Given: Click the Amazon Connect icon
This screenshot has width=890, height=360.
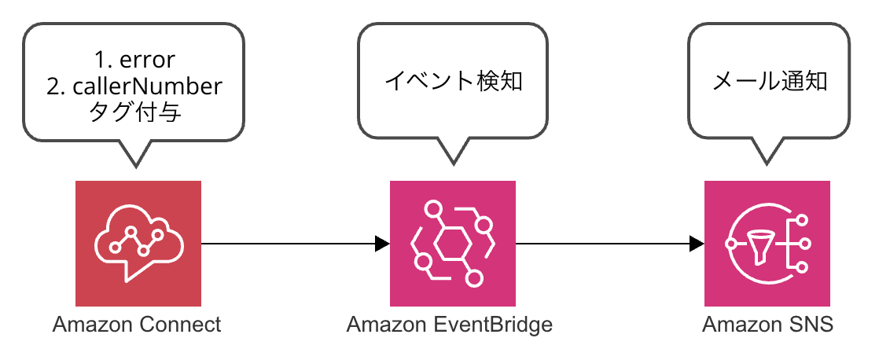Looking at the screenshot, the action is (x=138, y=243).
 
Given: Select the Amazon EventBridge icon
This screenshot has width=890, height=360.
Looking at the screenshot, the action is (x=452, y=243).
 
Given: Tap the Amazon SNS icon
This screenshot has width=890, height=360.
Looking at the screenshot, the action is (x=767, y=243).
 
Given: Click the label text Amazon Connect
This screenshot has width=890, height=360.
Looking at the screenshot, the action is (x=136, y=325).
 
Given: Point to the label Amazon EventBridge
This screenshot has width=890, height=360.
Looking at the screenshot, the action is (x=450, y=325).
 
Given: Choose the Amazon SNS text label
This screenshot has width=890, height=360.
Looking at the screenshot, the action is (x=767, y=325).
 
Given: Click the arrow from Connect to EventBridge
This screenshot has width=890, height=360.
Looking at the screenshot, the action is (x=295, y=244).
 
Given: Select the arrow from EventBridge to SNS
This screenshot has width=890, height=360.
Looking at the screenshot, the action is (x=610, y=244).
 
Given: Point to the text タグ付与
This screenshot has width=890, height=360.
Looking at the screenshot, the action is (x=135, y=113).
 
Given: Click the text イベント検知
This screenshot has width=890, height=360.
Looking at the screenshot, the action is (x=454, y=83).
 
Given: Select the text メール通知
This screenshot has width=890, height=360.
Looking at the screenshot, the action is (x=769, y=83).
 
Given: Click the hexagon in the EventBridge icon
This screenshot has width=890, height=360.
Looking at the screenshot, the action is (x=452, y=244).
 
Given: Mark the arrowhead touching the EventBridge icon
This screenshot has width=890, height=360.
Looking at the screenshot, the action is (x=383, y=244).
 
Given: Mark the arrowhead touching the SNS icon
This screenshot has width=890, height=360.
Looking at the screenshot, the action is (x=697, y=244).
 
